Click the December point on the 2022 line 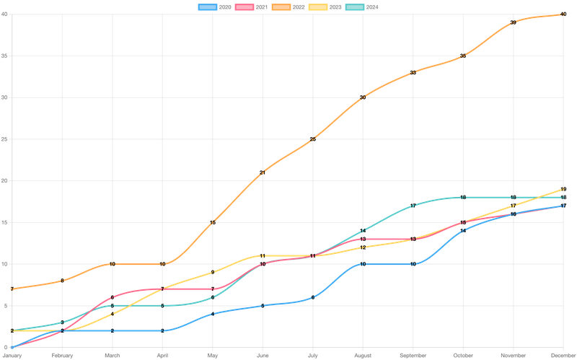click(x=563, y=14)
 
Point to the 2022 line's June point click(x=262, y=172)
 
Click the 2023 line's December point click(x=563, y=188)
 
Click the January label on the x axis click(x=11, y=355)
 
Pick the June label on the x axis click(x=262, y=355)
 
